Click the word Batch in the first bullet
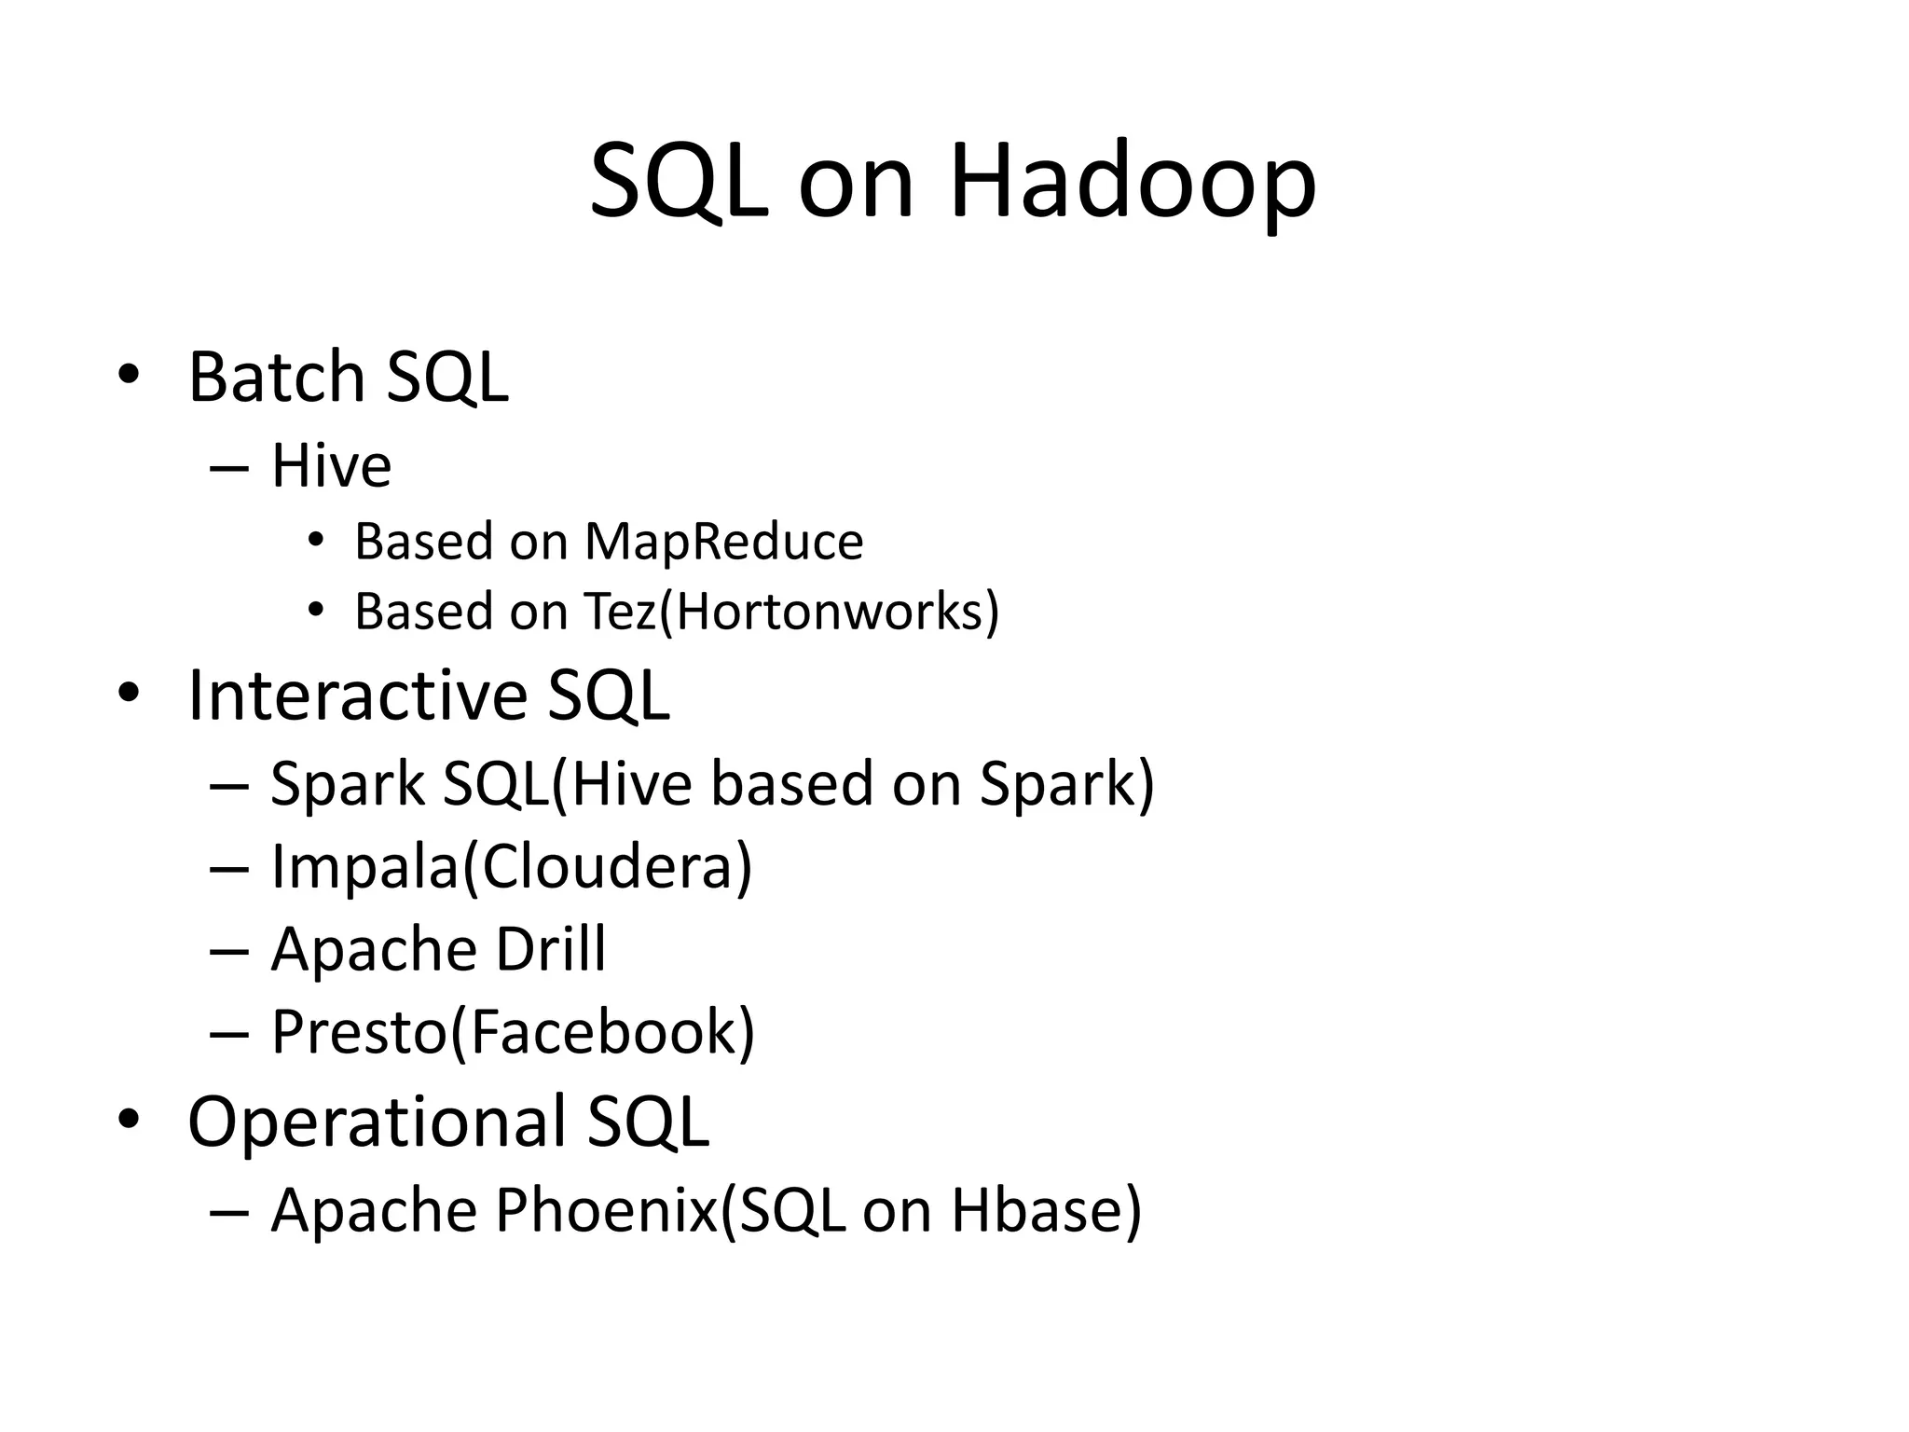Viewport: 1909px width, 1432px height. [x=276, y=378]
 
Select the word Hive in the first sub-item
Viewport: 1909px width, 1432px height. [x=331, y=466]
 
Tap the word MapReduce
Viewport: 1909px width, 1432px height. [x=723, y=542]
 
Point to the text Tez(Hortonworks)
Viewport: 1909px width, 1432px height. [x=791, y=613]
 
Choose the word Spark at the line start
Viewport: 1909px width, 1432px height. [x=347, y=784]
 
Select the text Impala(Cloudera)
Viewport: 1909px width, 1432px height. [x=511, y=867]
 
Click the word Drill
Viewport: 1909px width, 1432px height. [x=550, y=950]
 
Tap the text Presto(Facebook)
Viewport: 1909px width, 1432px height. [x=513, y=1033]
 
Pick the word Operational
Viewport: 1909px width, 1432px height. [x=377, y=1122]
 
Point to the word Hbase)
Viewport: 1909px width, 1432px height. [x=1046, y=1210]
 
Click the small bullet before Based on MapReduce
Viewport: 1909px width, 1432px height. [x=316, y=540]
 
